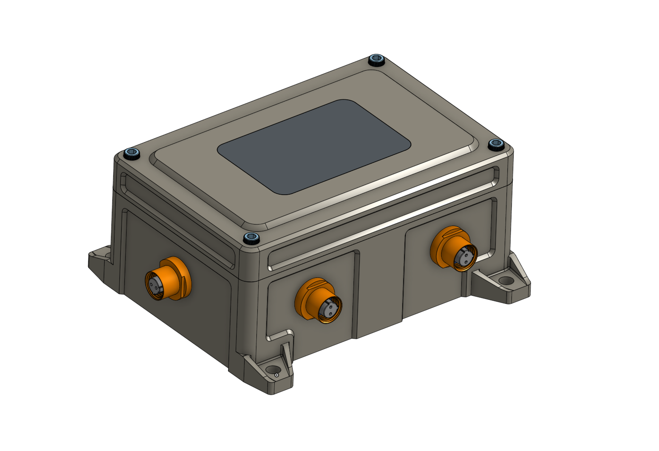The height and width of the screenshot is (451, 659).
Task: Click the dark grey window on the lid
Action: click(314, 147)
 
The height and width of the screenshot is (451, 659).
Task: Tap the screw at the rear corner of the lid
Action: click(377, 60)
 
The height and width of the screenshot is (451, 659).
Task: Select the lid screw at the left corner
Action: click(132, 154)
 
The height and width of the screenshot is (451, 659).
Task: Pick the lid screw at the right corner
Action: click(496, 144)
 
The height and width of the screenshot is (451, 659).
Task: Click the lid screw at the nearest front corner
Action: click(251, 238)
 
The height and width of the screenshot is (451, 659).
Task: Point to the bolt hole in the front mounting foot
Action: click(271, 370)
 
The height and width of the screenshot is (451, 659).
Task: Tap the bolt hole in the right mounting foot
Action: click(506, 281)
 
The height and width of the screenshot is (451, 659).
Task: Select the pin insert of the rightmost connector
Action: click(465, 257)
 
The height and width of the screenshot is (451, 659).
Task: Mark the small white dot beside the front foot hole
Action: click(276, 375)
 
